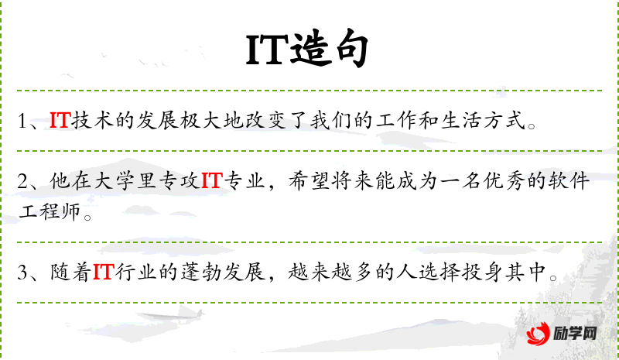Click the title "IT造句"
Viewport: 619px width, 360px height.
click(306, 49)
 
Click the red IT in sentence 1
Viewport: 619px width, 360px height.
click(60, 120)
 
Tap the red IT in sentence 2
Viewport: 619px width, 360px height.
click(212, 180)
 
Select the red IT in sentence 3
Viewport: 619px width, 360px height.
click(104, 272)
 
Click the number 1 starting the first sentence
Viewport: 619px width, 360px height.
click(22, 121)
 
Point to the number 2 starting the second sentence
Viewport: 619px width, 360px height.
click(23, 181)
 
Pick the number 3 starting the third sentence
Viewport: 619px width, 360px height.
click(23, 273)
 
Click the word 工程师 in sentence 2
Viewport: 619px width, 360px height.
click(50, 211)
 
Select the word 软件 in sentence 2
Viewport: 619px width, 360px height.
click(569, 180)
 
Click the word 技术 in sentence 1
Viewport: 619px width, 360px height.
click(93, 120)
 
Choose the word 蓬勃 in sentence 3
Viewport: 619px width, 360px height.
click(202, 272)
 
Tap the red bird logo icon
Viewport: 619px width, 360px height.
click(538, 333)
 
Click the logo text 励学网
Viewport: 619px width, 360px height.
click(575, 334)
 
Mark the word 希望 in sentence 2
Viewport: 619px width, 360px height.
click(309, 180)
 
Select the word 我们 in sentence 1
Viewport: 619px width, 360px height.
click(331, 120)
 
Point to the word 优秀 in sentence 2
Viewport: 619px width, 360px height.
click(504, 180)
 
